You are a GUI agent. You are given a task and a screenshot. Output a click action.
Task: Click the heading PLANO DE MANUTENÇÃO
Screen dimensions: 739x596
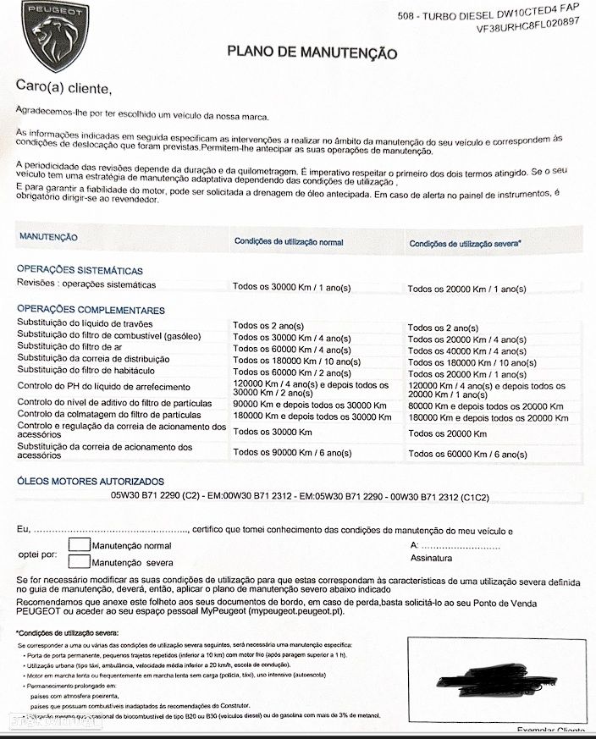pyautogui.click(x=312, y=52)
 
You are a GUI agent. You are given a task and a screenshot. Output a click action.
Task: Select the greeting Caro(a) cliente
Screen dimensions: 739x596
pyautogui.click(x=63, y=85)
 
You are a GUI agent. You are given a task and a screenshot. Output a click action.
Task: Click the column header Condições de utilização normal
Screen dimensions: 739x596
pyautogui.click(x=289, y=242)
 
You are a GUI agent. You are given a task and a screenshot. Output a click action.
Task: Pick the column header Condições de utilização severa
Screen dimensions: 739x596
pyautogui.click(x=465, y=244)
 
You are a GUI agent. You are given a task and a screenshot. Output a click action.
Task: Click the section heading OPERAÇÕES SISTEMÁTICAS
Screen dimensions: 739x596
pyautogui.click(x=80, y=269)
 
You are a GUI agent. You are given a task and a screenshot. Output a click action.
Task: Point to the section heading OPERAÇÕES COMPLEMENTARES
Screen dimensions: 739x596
pyautogui.click(x=91, y=310)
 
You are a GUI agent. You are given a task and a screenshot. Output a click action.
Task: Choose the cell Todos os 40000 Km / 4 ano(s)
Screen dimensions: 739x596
pyautogui.click(x=466, y=351)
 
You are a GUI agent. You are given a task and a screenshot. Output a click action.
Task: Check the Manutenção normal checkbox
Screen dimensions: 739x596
pyautogui.click(x=79, y=544)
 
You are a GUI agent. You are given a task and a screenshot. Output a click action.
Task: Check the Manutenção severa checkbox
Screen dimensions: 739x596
pyautogui.click(x=79, y=560)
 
